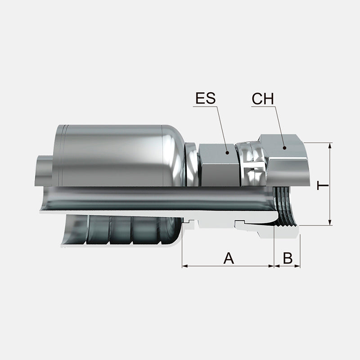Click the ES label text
tap(206, 98)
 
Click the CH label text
tap(263, 99)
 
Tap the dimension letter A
tap(229, 258)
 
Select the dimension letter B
tap(288, 258)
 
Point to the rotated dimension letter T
tap(323, 185)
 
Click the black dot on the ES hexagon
tap(227, 153)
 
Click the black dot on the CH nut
tap(284, 148)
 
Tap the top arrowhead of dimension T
tap(330, 146)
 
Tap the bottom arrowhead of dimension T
tap(330, 222)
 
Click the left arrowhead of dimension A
tap(185, 266)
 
